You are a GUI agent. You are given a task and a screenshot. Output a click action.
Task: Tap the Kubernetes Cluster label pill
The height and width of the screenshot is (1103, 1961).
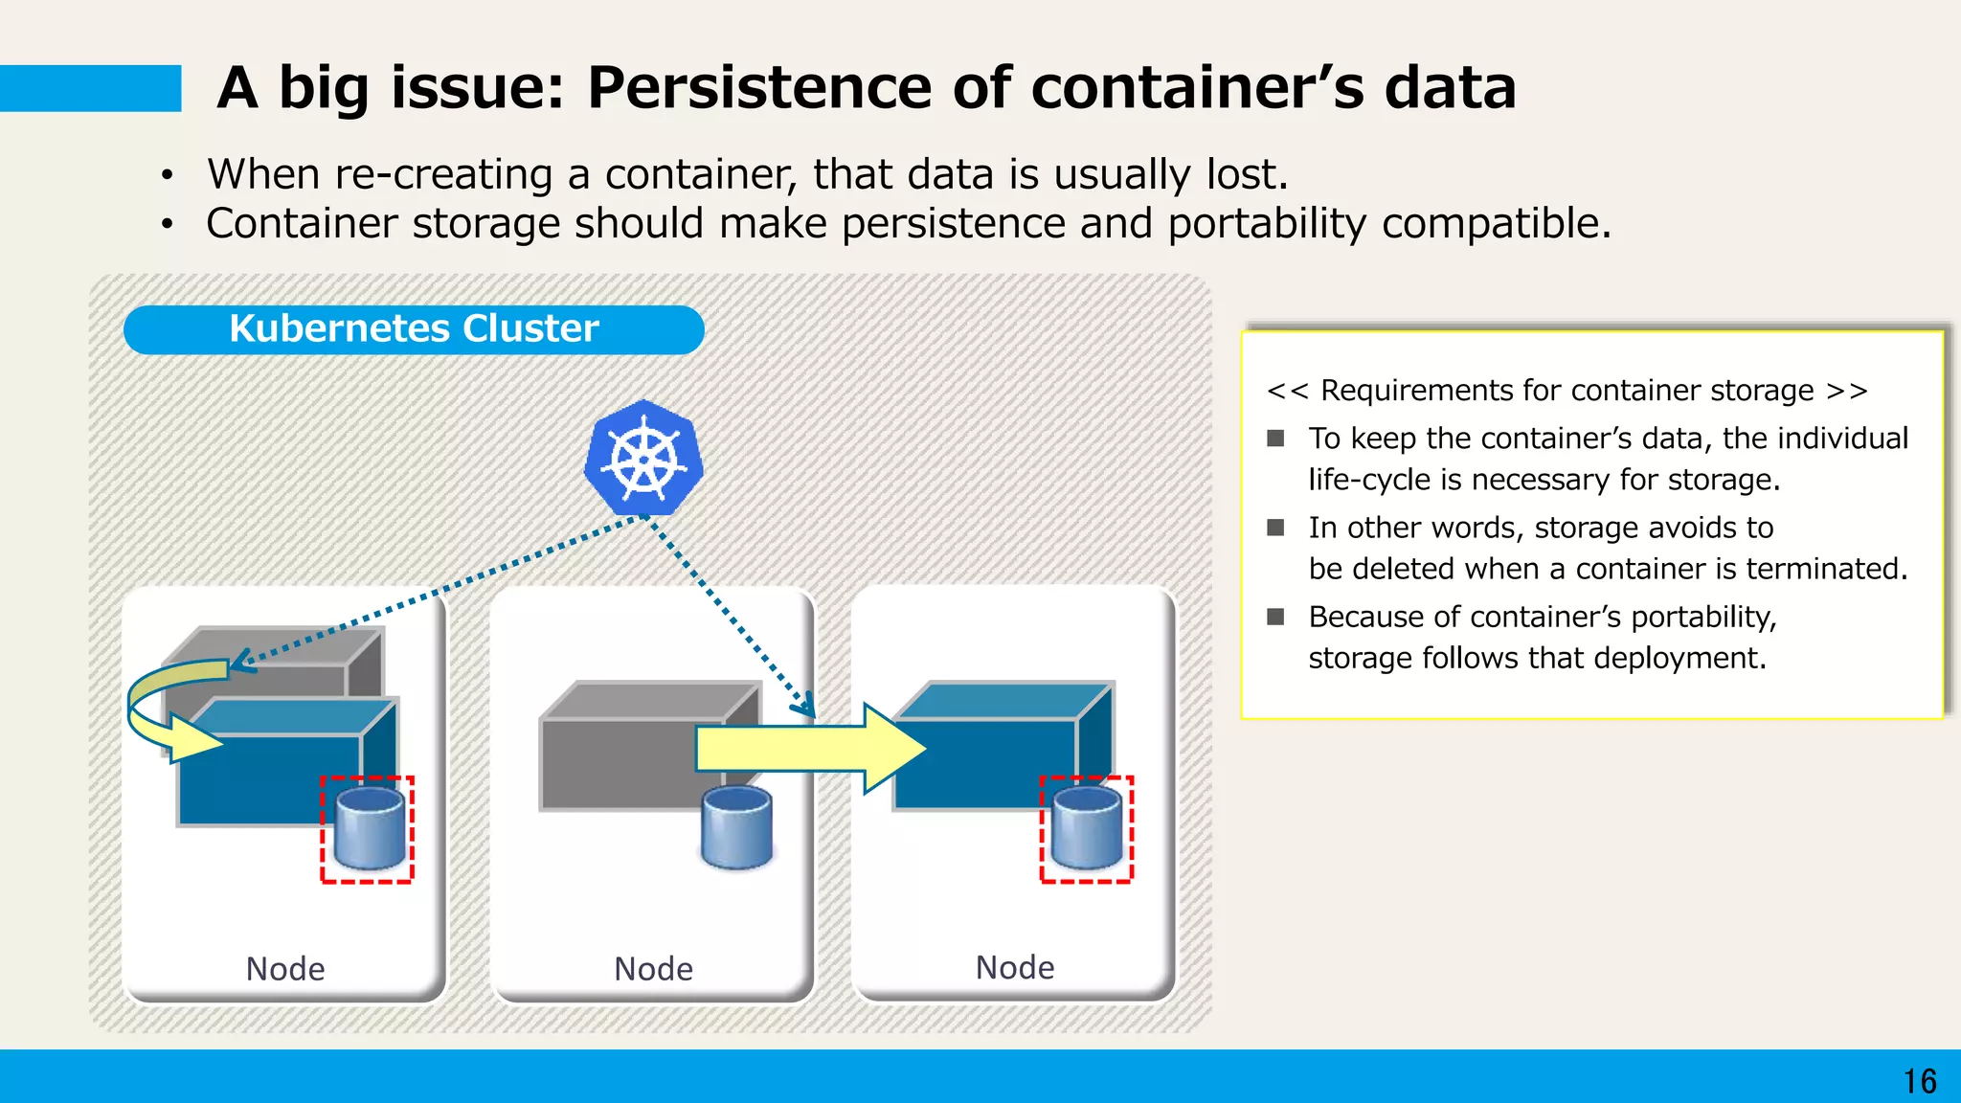tap(414, 329)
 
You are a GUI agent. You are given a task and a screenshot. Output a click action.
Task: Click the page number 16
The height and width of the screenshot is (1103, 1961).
tap(1919, 1081)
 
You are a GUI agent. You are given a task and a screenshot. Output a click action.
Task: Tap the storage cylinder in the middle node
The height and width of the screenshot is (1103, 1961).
tap(736, 826)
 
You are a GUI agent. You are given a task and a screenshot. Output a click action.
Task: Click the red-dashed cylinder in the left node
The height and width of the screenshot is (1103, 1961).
tap(367, 829)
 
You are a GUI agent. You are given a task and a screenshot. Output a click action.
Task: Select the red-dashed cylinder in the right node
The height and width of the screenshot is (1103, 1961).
tap(1087, 829)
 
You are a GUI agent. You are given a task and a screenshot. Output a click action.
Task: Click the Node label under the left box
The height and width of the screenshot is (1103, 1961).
tap(285, 969)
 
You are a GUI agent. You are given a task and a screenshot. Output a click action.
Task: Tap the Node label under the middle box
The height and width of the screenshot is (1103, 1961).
tap(653, 969)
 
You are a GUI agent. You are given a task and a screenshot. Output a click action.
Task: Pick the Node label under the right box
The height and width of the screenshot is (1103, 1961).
tap(1015, 967)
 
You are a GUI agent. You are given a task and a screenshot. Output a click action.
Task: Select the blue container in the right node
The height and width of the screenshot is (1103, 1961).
tap(986, 756)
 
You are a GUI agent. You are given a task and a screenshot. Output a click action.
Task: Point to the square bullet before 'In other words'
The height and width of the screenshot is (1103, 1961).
tap(1275, 528)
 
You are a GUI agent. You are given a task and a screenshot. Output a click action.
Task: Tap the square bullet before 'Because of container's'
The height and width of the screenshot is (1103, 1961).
tap(1275, 617)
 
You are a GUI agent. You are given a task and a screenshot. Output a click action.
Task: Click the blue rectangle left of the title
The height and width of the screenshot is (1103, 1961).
tap(90, 88)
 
